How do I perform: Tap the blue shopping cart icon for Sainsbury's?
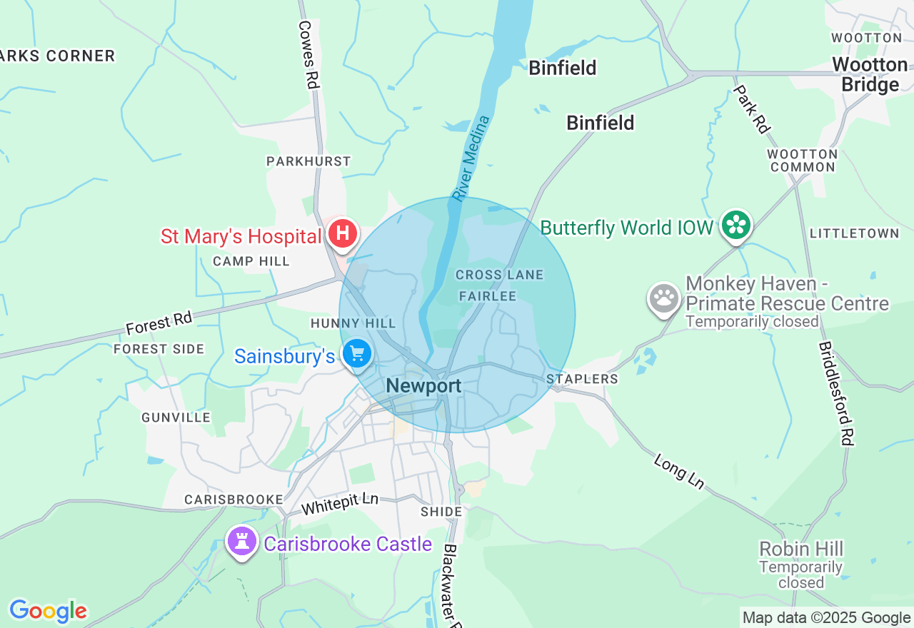[x=357, y=353]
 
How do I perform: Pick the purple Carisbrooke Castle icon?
[x=242, y=542]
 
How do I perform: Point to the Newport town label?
[x=423, y=386]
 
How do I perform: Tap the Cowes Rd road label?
[x=308, y=54]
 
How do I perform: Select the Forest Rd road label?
[x=159, y=323]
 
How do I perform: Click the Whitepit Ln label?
[x=339, y=504]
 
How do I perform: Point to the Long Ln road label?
[x=678, y=472]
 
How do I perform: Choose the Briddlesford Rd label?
[x=836, y=393]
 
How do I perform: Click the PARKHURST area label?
[x=308, y=162]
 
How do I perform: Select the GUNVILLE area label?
[x=176, y=417]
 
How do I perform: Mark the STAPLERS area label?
[x=582, y=379]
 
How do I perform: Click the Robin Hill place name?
[x=801, y=549]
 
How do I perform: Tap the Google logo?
[x=48, y=611]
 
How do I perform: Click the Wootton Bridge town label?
[x=870, y=74]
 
